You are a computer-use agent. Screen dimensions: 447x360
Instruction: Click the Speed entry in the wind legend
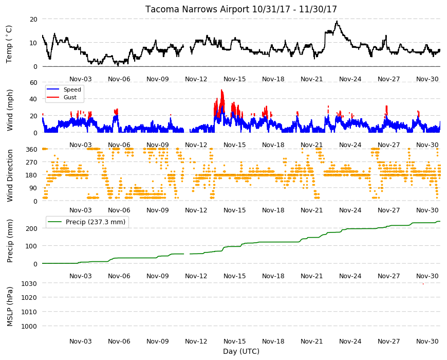72,89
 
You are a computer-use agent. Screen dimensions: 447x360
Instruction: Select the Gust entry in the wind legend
70,97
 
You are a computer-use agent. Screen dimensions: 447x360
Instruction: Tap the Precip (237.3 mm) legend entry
96,222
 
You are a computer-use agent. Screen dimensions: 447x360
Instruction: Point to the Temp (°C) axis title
9,44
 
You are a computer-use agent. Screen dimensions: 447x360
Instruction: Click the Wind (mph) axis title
10,110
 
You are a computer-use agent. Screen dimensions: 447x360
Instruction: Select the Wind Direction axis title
10,175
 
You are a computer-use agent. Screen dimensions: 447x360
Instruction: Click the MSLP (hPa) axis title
10,307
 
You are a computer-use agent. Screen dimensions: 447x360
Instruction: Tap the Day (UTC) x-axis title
241,351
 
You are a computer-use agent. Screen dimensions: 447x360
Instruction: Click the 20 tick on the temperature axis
33,19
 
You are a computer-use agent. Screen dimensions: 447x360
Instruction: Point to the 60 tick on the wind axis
33,82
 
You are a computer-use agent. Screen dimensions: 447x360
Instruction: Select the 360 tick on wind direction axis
32,149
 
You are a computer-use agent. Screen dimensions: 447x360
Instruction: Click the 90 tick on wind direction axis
33,188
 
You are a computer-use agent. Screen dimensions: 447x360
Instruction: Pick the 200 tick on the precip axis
32,228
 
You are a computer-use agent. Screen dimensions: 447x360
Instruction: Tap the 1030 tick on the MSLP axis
29,283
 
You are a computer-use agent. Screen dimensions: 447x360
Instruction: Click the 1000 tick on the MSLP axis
29,326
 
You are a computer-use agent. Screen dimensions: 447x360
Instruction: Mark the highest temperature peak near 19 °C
337,21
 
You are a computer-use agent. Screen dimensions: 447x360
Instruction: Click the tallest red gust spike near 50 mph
221,91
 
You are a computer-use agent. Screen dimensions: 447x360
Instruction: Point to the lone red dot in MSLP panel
423,284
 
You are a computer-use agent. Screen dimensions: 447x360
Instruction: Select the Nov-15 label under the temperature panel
235,79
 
